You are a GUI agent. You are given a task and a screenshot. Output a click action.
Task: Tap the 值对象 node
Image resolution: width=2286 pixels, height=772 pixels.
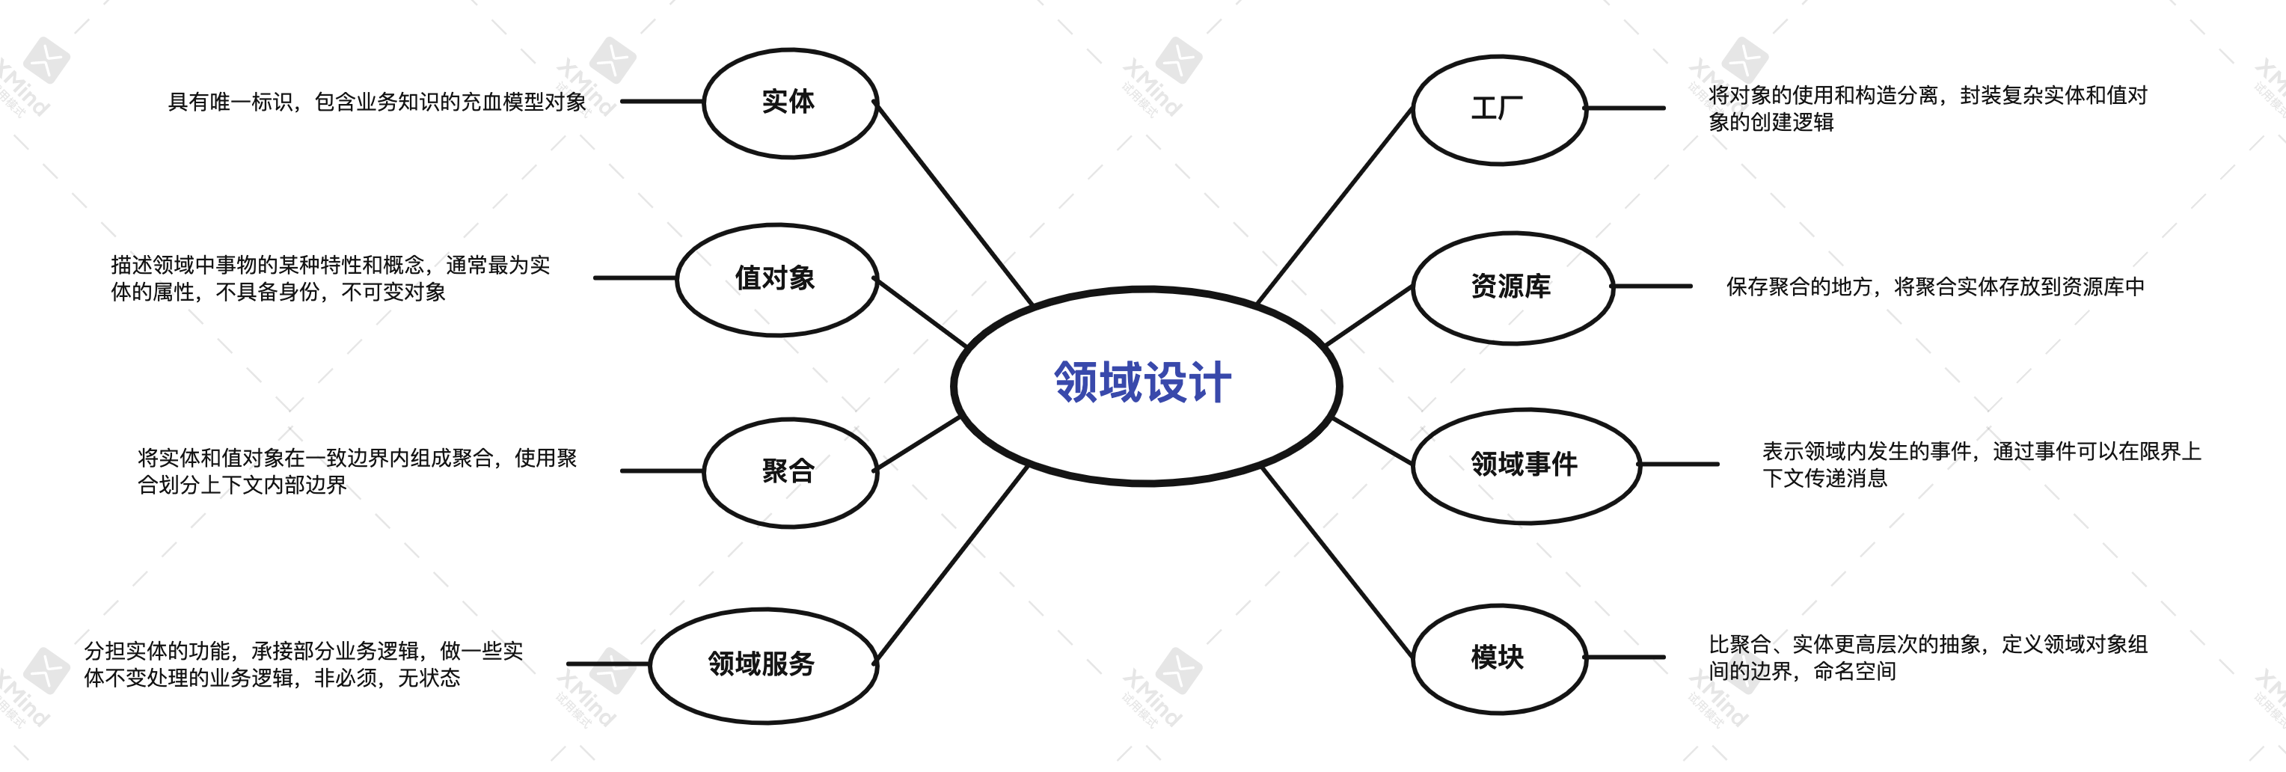[776, 278]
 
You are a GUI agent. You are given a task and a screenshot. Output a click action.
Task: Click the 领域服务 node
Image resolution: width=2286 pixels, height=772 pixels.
[762, 664]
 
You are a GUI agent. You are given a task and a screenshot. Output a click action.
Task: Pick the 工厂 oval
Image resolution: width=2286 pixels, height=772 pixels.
[1498, 109]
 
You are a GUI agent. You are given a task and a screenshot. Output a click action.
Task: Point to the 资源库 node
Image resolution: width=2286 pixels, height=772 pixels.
[1511, 287]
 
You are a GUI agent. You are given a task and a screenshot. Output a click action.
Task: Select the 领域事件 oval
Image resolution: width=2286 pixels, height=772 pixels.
[1524, 464]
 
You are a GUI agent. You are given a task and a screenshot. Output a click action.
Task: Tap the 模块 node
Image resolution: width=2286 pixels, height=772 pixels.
[1498, 658]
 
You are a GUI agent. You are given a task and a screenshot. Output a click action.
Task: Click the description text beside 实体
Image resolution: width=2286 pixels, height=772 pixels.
[377, 102]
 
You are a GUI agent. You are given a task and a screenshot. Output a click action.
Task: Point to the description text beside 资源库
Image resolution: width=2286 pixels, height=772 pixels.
[1934, 287]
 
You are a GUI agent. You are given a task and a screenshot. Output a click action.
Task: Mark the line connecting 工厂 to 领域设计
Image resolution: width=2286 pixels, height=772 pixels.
[1334, 206]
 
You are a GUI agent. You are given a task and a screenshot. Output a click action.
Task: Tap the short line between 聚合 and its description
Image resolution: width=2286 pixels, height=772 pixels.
[661, 471]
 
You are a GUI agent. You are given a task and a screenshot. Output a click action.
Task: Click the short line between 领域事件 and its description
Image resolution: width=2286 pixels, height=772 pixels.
[1679, 464]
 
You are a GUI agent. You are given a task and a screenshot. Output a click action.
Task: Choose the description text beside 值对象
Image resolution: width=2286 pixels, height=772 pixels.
[330, 278]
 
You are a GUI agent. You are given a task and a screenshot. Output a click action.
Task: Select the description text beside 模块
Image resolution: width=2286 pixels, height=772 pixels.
[1928, 658]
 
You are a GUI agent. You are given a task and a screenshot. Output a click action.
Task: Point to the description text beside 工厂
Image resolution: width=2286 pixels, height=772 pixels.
[1928, 108]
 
